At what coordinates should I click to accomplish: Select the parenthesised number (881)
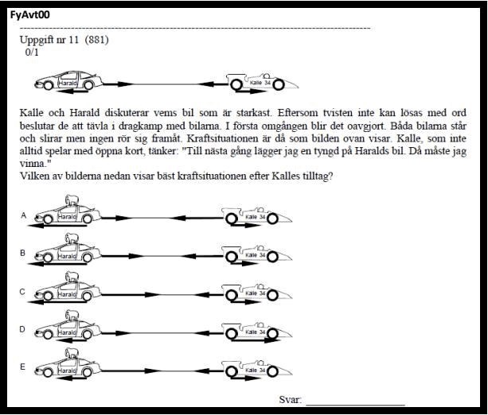click(x=96, y=40)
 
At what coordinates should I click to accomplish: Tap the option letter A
click(x=23, y=215)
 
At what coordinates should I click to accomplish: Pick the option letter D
click(x=23, y=329)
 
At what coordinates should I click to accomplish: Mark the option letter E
click(x=23, y=367)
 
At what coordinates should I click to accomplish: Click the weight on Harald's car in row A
click(x=70, y=204)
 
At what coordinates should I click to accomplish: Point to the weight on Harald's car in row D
click(x=70, y=317)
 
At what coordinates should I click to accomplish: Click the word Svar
click(x=290, y=399)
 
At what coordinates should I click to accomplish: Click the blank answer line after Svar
click(x=354, y=402)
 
